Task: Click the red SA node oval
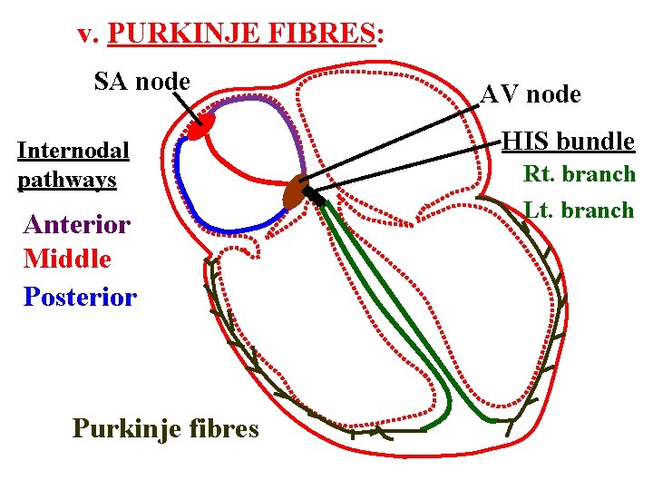200,126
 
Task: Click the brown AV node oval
295,192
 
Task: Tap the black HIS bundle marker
314,195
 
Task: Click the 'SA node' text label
142,82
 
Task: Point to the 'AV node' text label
531,94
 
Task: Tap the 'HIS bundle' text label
569,142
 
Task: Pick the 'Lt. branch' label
580,210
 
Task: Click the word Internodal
73,150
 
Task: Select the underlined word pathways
67,180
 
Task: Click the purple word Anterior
78,223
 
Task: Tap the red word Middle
68,259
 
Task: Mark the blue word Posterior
81,296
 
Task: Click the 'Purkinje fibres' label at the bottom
165,427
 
